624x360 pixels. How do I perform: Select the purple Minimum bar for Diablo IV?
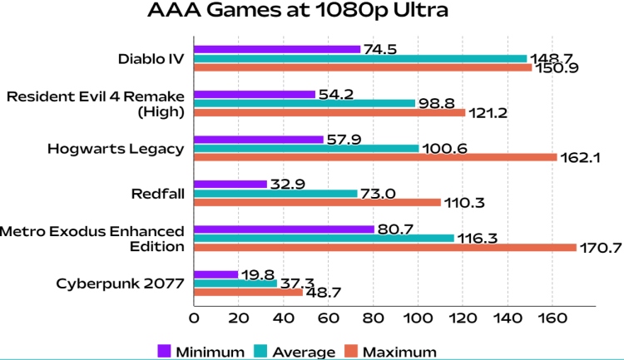(277, 49)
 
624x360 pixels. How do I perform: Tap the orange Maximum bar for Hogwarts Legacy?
(375, 156)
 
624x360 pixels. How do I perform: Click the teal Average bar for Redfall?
(275, 193)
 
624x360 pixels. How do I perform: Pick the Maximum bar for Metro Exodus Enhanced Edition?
(384, 247)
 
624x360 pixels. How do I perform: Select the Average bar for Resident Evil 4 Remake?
(305, 103)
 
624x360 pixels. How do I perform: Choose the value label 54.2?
(336, 94)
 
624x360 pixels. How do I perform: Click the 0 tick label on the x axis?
(194, 318)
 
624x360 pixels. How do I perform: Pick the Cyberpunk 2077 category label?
(120, 283)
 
